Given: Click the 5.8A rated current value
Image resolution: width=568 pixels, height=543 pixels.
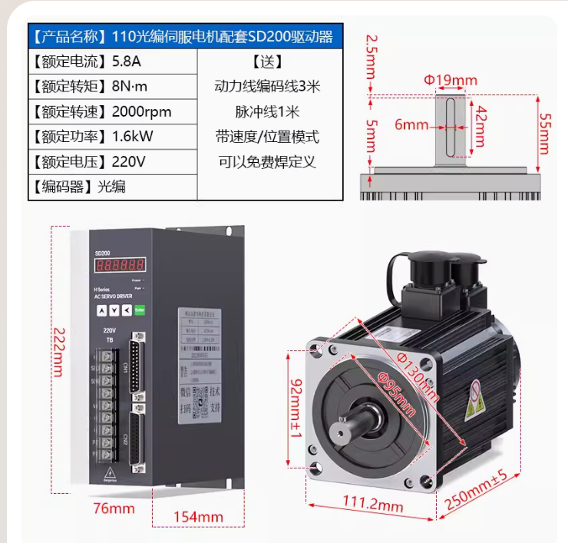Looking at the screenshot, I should tap(127, 61).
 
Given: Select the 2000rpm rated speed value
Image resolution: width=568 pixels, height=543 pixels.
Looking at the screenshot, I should tap(141, 112).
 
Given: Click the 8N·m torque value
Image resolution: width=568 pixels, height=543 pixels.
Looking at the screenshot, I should tap(129, 87).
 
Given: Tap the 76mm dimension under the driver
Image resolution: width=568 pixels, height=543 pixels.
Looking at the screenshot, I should tap(114, 508).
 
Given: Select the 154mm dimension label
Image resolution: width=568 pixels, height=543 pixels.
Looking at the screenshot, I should tap(198, 517).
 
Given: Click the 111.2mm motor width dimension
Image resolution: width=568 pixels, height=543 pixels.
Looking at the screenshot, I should tap(372, 504).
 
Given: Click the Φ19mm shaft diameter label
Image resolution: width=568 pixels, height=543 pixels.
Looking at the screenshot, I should tap(451, 80).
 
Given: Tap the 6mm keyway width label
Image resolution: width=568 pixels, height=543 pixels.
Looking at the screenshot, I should tap(411, 124).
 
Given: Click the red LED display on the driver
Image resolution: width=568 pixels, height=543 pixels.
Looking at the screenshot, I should tap(120, 265).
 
